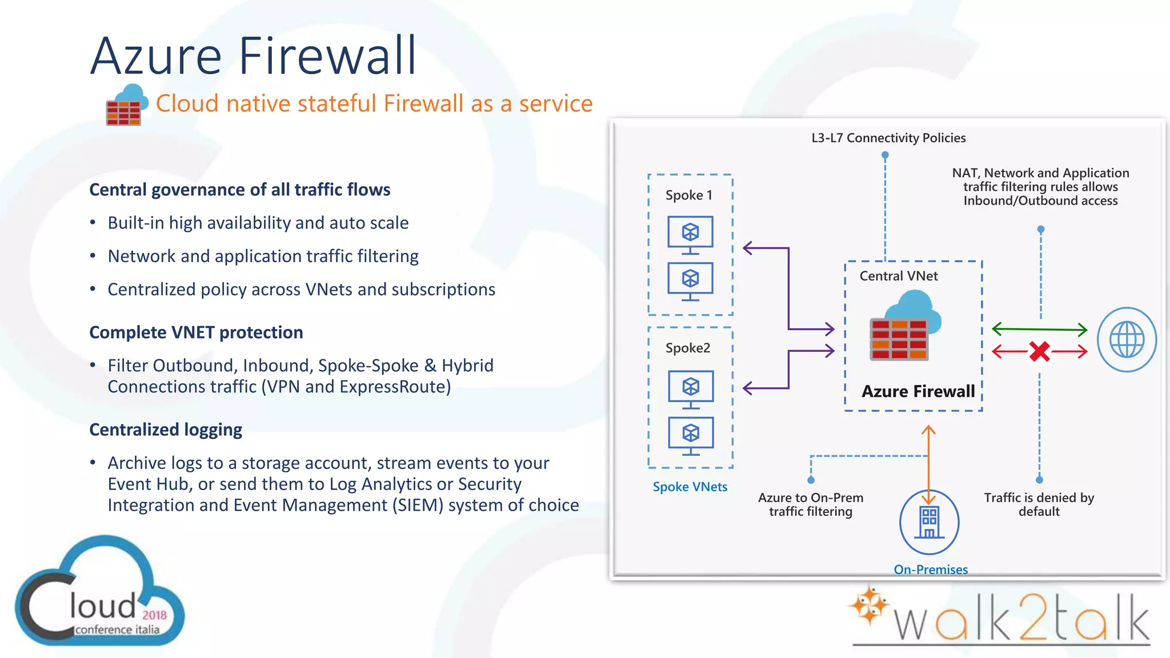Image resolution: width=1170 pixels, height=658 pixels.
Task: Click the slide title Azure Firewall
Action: pos(253,56)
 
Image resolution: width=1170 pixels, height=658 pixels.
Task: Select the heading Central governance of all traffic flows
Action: pos(239,190)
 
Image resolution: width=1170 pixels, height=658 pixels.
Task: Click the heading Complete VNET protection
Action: pos(196,332)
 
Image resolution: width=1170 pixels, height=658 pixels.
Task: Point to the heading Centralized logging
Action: pos(166,430)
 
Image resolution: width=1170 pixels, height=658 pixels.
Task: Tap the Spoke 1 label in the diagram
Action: pos(689,195)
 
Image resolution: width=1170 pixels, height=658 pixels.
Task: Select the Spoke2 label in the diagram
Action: pos(688,348)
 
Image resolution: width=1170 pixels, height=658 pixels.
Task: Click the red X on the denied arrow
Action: pos(1039,351)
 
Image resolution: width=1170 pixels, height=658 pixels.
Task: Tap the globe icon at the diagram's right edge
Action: pos(1127,339)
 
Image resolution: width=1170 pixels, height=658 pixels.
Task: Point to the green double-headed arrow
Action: pos(1039,329)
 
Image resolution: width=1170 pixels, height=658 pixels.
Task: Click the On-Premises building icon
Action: pos(929,522)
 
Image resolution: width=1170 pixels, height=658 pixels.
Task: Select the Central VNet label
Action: pos(898,276)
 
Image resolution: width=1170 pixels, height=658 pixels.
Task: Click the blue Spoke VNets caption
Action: pos(690,487)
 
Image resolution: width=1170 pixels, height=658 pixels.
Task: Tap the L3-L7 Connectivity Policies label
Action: pos(888,138)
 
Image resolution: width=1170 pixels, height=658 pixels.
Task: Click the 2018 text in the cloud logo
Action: pos(154,615)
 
